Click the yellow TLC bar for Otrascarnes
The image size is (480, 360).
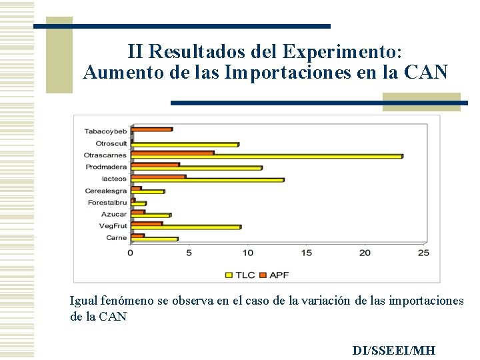(267, 157)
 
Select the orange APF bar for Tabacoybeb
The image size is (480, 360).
(152, 129)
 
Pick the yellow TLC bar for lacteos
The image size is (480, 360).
(207, 180)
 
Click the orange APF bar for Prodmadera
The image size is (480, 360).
(155, 164)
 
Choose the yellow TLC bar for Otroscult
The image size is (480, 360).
(185, 145)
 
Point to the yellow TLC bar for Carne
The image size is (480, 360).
(154, 239)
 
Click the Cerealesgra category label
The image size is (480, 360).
(105, 191)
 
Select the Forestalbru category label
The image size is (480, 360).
(107, 203)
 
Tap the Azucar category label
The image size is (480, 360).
(113, 214)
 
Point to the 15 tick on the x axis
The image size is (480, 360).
(306, 253)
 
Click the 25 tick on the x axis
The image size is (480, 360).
(423, 253)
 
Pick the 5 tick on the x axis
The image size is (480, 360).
(189, 253)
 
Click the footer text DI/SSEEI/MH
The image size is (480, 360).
(393, 351)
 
